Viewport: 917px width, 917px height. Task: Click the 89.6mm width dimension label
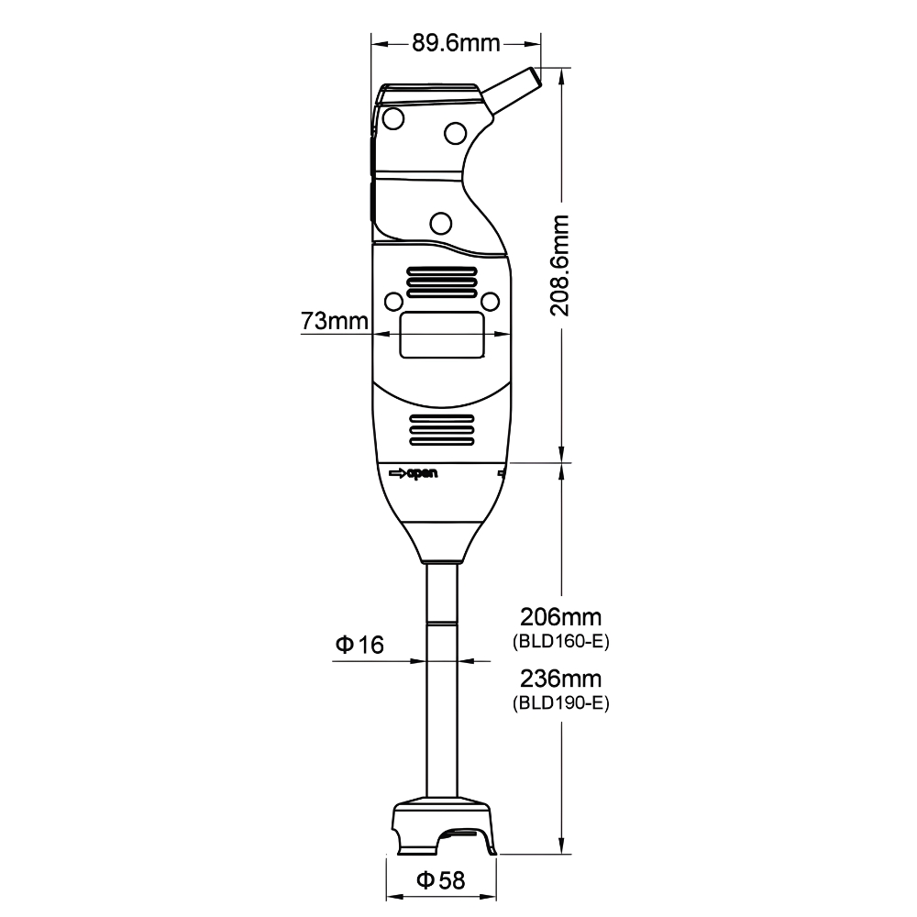tap(456, 43)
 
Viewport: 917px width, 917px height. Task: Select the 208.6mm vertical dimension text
tap(559, 266)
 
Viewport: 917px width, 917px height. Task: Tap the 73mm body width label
tap(335, 320)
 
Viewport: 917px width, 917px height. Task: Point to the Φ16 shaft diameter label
tap(359, 645)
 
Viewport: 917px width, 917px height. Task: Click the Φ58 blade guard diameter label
tap(441, 880)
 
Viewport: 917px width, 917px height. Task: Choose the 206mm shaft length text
tap(561, 617)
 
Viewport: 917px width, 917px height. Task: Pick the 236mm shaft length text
tap(561, 679)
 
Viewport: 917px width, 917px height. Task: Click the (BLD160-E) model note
tap(561, 642)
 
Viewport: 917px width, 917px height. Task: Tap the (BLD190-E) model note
tap(561, 702)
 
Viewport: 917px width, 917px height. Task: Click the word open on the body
tap(422, 474)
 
